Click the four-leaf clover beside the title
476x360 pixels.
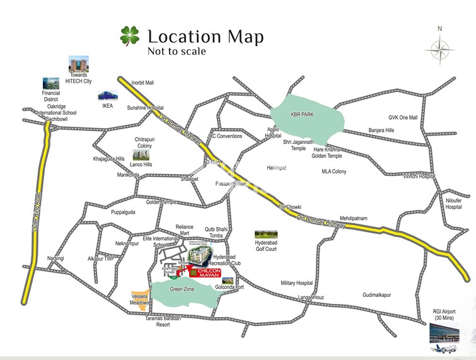130,36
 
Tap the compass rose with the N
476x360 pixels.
439,48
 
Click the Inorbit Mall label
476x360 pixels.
142,83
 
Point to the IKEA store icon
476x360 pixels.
105,96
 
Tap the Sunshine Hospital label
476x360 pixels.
145,108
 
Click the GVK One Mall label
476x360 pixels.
403,118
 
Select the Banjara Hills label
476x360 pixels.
381,131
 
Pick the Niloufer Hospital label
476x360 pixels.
453,204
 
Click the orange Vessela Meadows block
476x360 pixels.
139,296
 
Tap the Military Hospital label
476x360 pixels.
296,284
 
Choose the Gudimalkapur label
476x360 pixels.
377,294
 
